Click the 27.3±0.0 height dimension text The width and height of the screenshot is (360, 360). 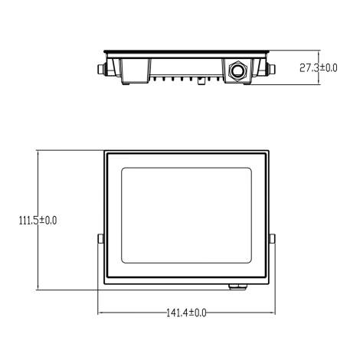[x=318, y=68]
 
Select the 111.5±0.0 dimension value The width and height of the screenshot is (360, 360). [x=38, y=221]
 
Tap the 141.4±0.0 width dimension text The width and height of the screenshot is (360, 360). [x=187, y=313]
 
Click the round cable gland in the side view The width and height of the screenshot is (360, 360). [x=237, y=70]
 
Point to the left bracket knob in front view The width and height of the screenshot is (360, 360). [x=100, y=240]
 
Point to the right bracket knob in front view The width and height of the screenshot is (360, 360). [x=273, y=240]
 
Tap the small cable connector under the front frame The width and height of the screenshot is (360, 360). [x=237, y=286]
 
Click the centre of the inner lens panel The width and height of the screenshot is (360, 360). [x=187, y=218]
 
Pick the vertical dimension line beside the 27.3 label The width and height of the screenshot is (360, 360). [x=294, y=67]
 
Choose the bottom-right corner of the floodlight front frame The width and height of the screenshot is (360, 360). [x=269, y=283]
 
